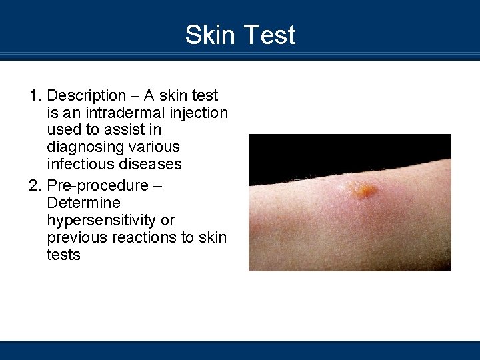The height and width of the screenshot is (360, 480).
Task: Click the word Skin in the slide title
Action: click(209, 35)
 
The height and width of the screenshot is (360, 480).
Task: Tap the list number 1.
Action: click(35, 96)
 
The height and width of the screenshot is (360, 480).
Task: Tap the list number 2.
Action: click(35, 185)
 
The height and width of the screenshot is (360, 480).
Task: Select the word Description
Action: click(87, 96)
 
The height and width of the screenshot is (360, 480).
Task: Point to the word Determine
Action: click(84, 202)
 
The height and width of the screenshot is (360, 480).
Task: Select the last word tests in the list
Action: click(63, 255)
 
